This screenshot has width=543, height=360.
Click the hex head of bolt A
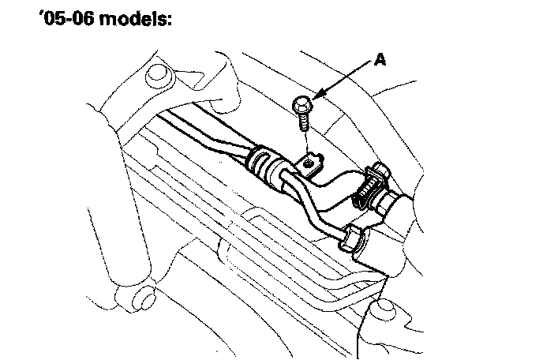click(x=301, y=105)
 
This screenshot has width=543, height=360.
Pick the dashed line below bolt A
click(x=306, y=143)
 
